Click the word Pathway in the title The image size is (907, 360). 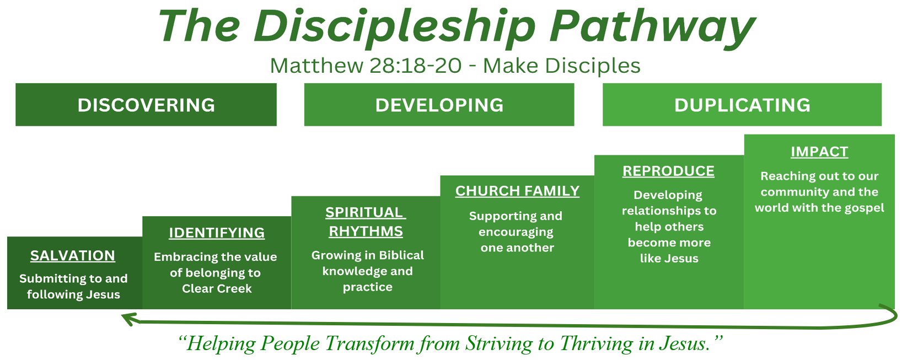(x=652, y=26)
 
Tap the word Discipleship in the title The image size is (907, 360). (x=395, y=26)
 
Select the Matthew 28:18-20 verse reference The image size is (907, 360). (x=366, y=66)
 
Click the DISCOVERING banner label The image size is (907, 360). (x=146, y=105)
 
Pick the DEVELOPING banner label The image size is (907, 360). (x=439, y=105)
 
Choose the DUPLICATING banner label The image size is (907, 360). (x=742, y=105)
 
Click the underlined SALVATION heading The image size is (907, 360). (x=73, y=256)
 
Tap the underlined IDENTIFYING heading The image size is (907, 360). (x=217, y=233)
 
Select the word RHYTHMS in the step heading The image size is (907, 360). (x=366, y=232)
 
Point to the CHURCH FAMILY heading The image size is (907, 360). (x=518, y=191)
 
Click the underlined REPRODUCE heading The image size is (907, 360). (x=668, y=171)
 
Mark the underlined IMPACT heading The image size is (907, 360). (x=819, y=152)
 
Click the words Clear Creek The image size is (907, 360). (x=217, y=289)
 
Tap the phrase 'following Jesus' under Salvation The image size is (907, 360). (x=74, y=294)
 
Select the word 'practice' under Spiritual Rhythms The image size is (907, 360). (x=368, y=288)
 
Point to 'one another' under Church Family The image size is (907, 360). (x=518, y=248)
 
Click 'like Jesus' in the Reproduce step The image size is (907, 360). (x=669, y=259)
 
